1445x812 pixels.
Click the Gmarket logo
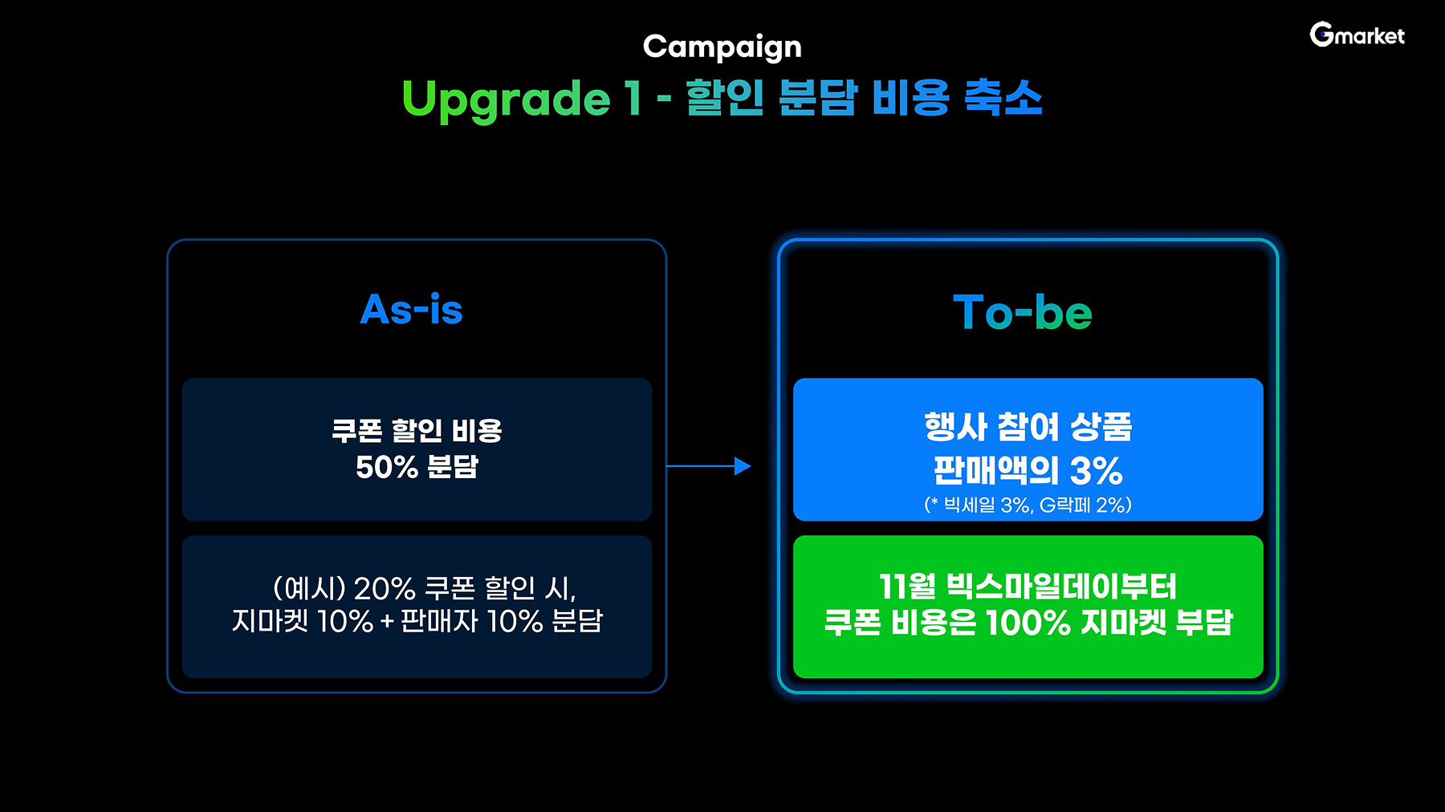pyautogui.click(x=1357, y=35)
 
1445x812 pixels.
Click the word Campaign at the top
pyautogui.click(x=722, y=47)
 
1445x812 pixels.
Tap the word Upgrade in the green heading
pyautogui.click(x=506, y=99)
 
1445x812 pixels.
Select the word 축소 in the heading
pyautogui.click(x=1003, y=98)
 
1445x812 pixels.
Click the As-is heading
pyautogui.click(x=412, y=309)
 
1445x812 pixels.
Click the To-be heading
pyautogui.click(x=1023, y=312)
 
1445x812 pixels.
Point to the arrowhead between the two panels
pyautogui.click(x=743, y=466)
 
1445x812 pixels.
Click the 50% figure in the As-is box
pyautogui.click(x=387, y=467)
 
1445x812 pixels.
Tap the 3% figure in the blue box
pyautogui.click(x=1096, y=470)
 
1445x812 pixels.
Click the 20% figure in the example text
pyautogui.click(x=385, y=589)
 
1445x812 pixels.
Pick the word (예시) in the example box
pyautogui.click(x=309, y=589)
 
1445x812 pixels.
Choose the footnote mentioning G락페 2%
pyautogui.click(x=1028, y=505)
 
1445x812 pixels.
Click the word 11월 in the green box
pyautogui.click(x=907, y=587)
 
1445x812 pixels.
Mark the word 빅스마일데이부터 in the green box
pyautogui.click(x=1061, y=587)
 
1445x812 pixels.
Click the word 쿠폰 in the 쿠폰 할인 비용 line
pyautogui.click(x=356, y=431)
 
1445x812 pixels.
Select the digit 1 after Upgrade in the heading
pyautogui.click(x=633, y=98)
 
